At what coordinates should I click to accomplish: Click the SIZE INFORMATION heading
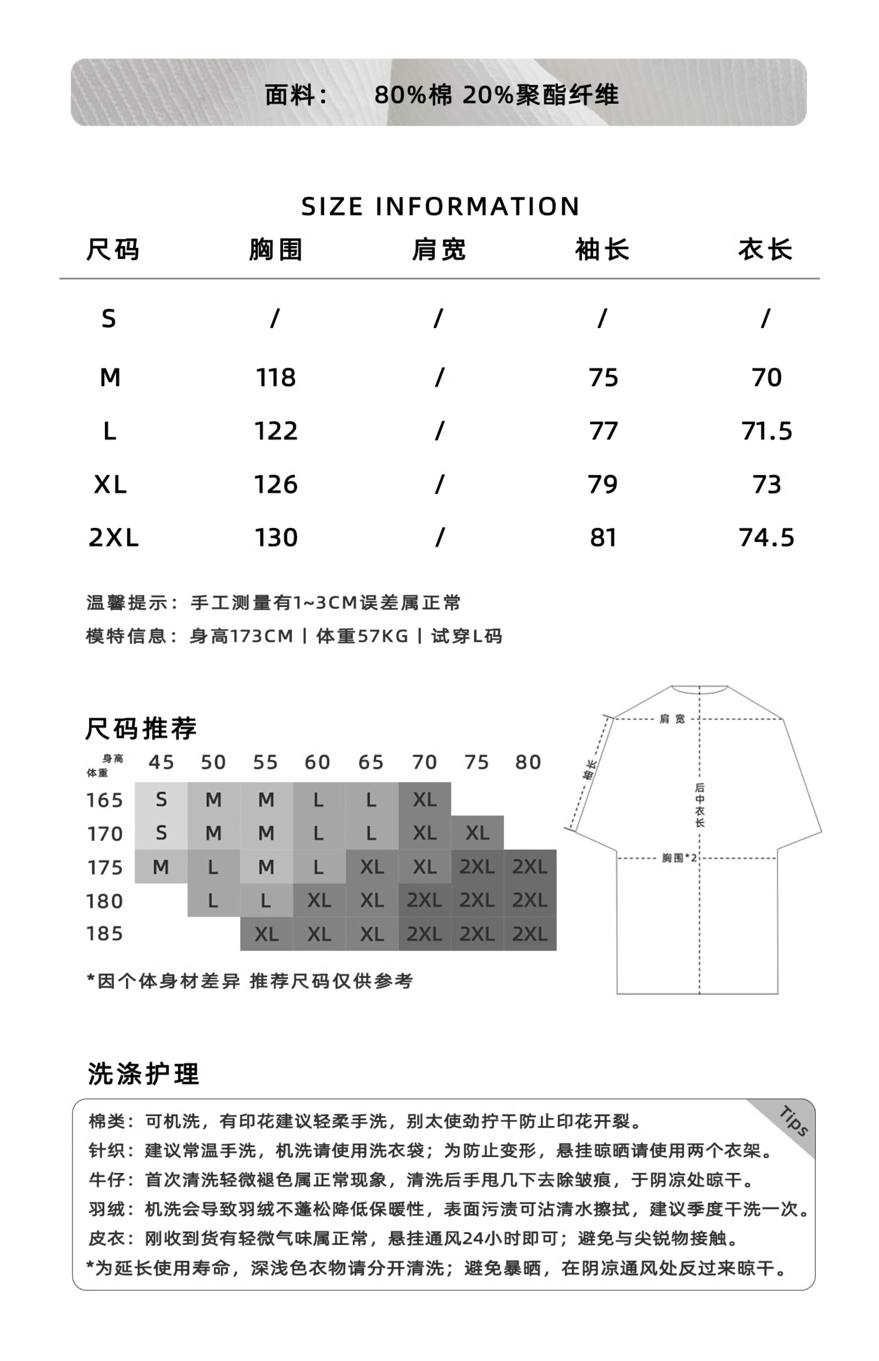click(440, 207)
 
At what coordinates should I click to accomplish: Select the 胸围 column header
click(276, 250)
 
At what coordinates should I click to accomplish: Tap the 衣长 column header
click(766, 250)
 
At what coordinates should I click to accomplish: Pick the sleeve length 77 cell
click(603, 431)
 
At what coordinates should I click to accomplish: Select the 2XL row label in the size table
click(113, 538)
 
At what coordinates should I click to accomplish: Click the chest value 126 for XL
click(276, 485)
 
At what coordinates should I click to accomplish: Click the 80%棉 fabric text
click(413, 95)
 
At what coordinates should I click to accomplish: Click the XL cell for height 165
click(425, 800)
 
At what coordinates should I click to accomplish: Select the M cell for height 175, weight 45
click(161, 867)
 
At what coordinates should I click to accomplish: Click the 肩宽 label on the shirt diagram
click(672, 719)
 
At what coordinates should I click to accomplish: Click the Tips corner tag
click(793, 1121)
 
